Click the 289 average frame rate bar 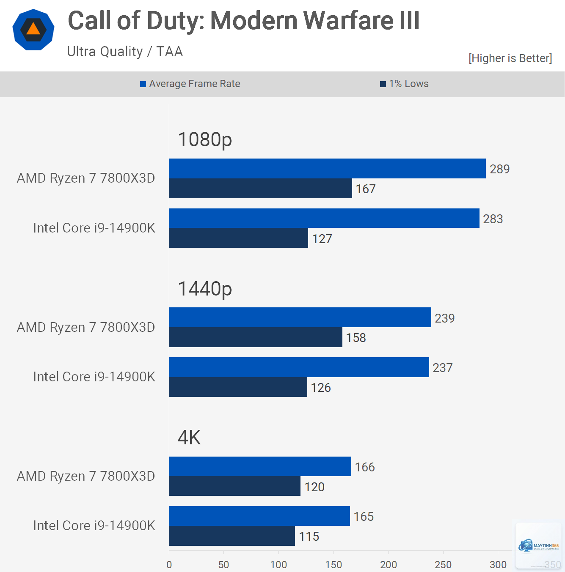point(327,168)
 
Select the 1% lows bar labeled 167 point(260,188)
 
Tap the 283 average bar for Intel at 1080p point(324,218)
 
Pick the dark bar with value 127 point(238,238)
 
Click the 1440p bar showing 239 point(300,317)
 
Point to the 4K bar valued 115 point(232,536)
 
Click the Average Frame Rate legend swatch point(143,84)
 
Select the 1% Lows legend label point(409,84)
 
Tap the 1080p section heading point(205,140)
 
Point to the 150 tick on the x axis point(333,564)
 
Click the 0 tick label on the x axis point(169,564)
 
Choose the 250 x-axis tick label point(443,564)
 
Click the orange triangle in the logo point(33,29)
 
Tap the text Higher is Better point(510,58)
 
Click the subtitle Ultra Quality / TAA point(125,52)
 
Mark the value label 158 point(356,338)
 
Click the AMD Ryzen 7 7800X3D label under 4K point(86,476)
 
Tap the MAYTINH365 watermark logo point(538,547)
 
